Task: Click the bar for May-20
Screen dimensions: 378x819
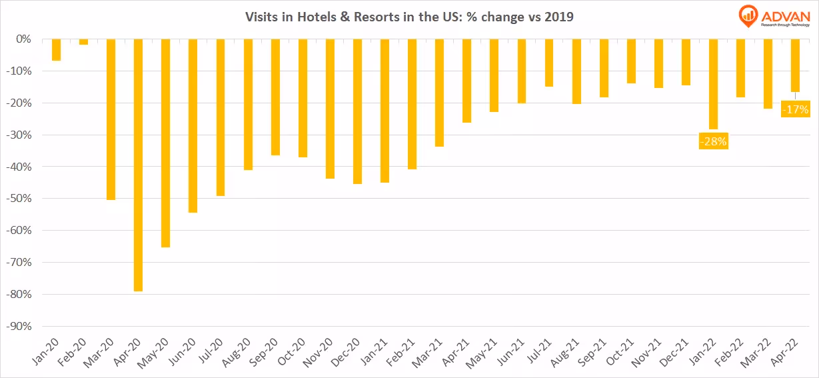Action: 166,143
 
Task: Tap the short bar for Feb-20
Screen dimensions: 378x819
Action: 83,41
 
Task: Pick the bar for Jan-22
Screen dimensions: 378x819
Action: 713,84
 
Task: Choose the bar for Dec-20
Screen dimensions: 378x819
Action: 357,111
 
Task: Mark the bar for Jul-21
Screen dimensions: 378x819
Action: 548,63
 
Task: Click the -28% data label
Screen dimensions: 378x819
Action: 712,141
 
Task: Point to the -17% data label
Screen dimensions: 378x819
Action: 796,109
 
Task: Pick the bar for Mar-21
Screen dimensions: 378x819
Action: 439,93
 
